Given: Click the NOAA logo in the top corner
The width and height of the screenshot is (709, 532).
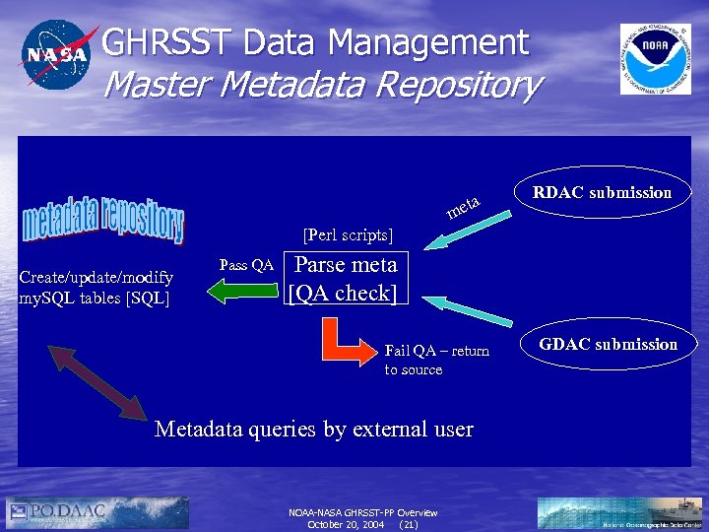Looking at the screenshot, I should pyautogui.click(x=655, y=58).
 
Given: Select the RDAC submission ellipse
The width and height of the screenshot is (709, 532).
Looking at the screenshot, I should pyautogui.click(x=602, y=192).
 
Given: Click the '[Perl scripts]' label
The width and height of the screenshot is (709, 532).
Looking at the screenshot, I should pyautogui.click(x=348, y=235).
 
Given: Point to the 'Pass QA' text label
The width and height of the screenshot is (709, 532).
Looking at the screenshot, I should pyautogui.click(x=245, y=265).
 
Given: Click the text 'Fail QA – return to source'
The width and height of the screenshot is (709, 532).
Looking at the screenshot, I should pyautogui.click(x=435, y=360).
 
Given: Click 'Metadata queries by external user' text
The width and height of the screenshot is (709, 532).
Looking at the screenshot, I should pyautogui.click(x=314, y=430).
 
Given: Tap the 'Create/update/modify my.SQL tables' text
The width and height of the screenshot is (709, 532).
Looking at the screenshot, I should pyautogui.click(x=97, y=288).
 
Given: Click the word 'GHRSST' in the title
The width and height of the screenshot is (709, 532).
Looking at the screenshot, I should pyautogui.click(x=159, y=42).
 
